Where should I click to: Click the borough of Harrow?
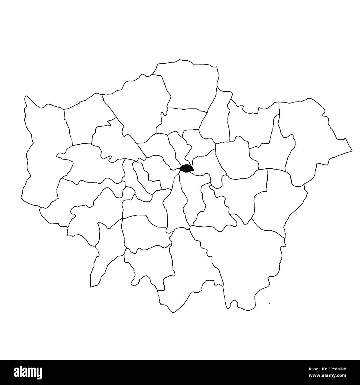86,119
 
